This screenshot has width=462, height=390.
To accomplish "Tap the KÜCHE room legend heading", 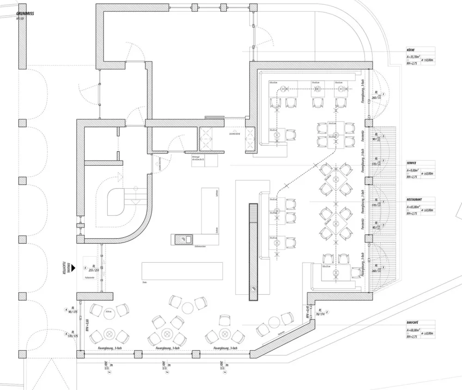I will tap(411, 50).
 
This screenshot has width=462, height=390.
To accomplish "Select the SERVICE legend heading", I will tap(412, 163).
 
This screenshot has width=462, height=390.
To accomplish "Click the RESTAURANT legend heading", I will tap(414, 199).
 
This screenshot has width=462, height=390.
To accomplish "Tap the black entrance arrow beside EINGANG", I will tap(73, 266).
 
